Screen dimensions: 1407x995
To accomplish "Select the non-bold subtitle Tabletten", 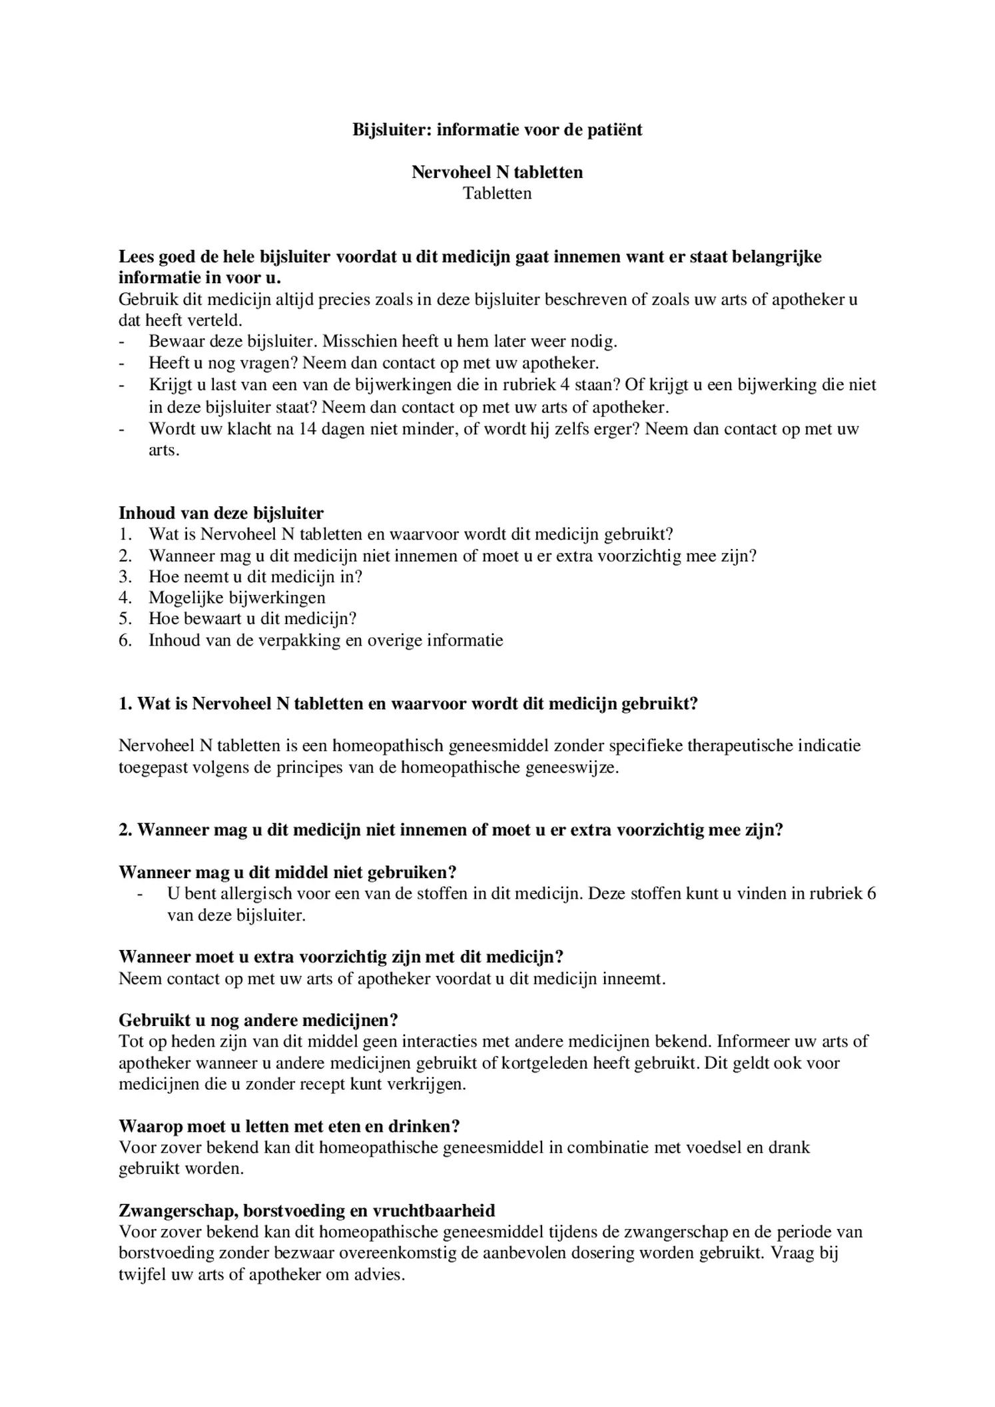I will [x=497, y=193].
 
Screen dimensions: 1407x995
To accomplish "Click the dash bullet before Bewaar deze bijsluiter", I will [x=122, y=342].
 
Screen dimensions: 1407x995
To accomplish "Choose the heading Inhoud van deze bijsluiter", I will [x=221, y=513].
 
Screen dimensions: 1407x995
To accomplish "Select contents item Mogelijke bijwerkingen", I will [x=237, y=598].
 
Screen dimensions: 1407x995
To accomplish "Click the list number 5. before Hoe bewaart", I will [x=125, y=619].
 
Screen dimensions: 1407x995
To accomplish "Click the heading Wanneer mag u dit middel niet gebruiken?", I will [x=287, y=872].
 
